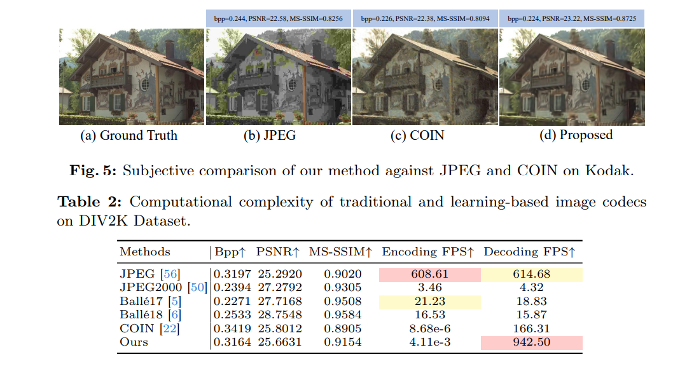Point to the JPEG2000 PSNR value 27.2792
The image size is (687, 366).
[x=279, y=288]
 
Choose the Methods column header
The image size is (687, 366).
[x=145, y=252]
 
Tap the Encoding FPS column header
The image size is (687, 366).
[x=428, y=252]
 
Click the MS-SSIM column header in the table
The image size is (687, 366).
[x=340, y=252]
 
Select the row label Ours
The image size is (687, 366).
[x=134, y=342]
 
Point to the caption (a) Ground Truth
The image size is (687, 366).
[x=129, y=135]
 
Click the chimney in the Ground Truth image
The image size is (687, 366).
[x=170, y=49]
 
